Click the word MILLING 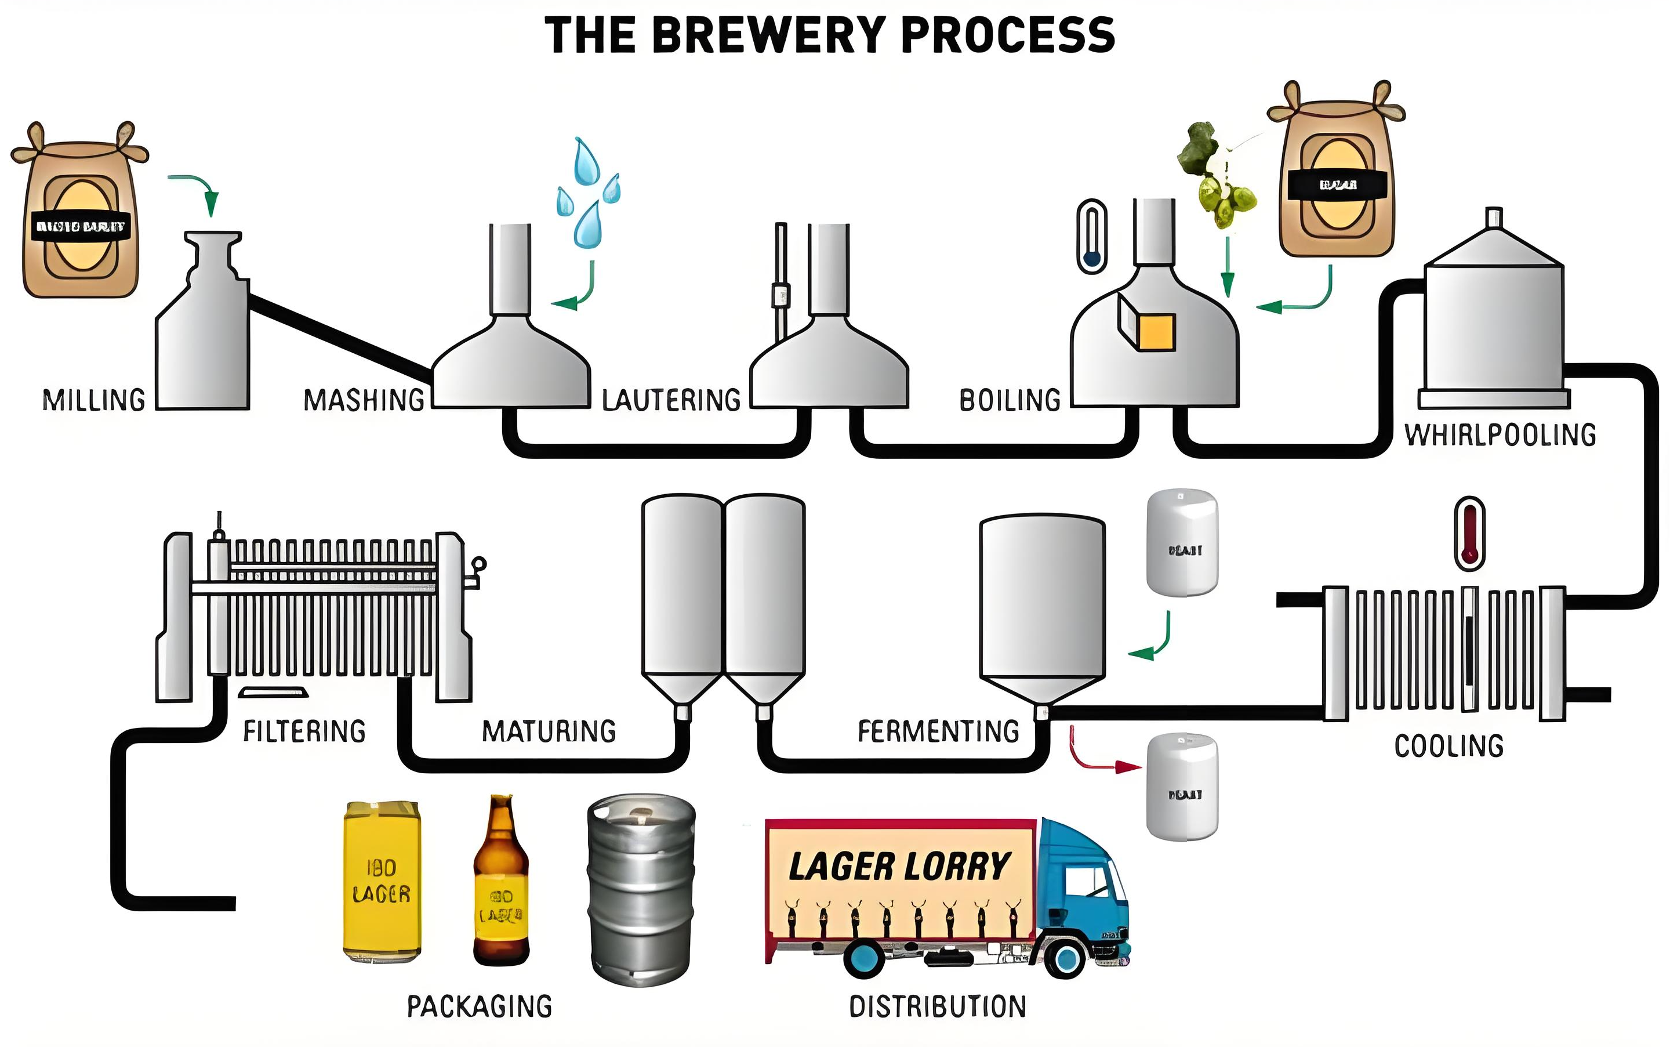(x=94, y=400)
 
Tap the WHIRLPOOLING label (x=1500, y=435)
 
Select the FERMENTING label (x=938, y=731)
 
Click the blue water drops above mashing (x=587, y=194)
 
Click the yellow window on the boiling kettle (x=1156, y=332)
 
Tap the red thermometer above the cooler (x=1469, y=533)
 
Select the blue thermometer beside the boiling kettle (x=1092, y=236)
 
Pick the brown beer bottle (x=501, y=883)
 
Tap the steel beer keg (x=641, y=889)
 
